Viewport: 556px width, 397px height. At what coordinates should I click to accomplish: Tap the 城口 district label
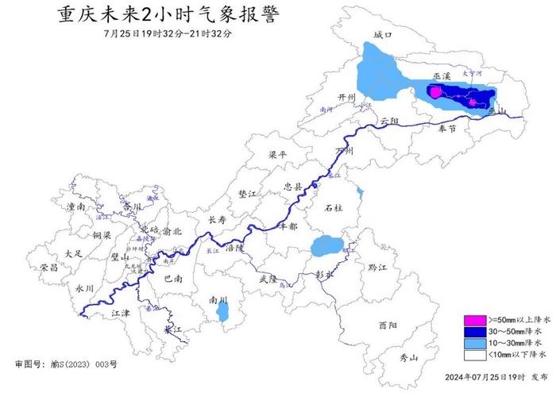384,35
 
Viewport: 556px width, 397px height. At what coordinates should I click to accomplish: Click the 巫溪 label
442,77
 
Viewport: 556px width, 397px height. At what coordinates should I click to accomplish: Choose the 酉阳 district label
389,326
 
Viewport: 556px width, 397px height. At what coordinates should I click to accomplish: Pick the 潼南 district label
76,205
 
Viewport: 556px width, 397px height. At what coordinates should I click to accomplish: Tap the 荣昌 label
49,268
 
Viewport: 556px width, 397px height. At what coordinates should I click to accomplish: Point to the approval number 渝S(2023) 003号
67,364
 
